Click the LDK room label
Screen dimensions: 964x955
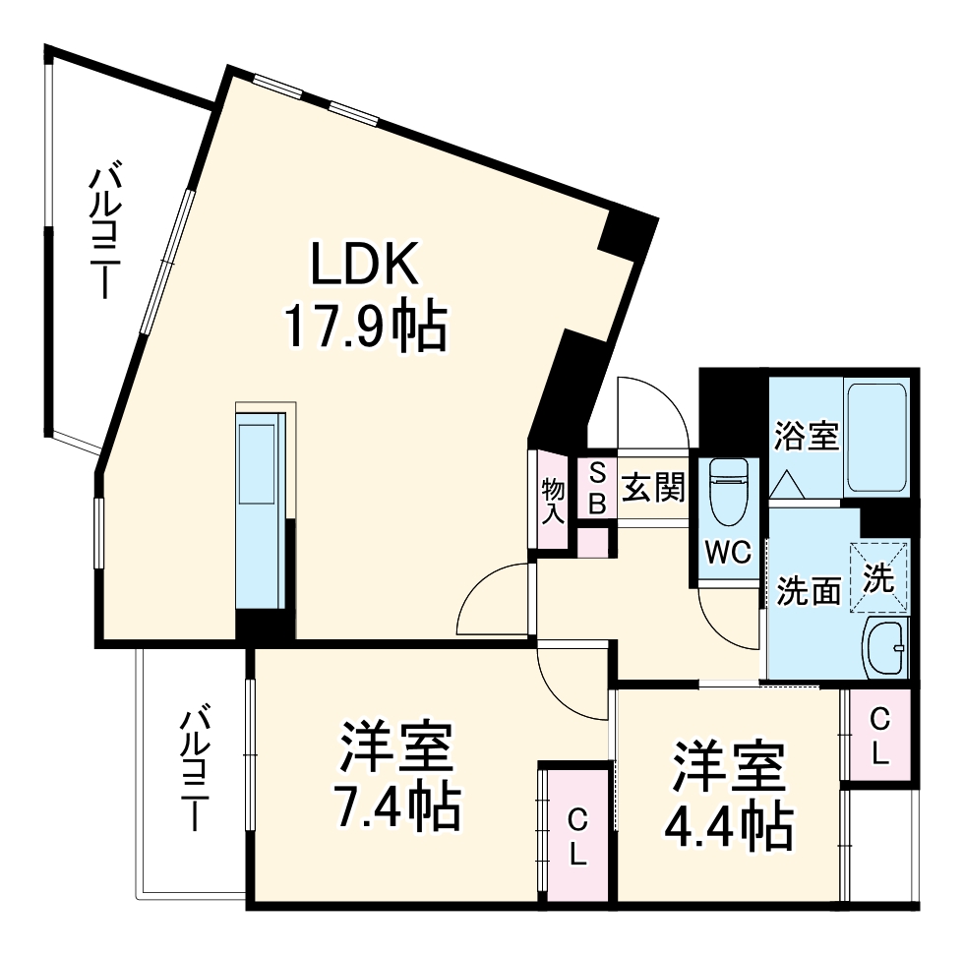365,263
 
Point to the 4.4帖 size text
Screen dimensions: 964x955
729,826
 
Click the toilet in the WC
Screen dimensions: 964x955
728,492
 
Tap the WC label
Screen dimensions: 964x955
728,553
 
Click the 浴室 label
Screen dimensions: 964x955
806,436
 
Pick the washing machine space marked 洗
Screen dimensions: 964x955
878,577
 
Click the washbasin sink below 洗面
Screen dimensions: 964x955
886,648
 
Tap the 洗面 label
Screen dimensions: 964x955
809,591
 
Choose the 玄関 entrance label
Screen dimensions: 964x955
653,489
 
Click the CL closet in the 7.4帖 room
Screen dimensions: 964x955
576,836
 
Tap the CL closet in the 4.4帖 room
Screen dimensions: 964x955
879,736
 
